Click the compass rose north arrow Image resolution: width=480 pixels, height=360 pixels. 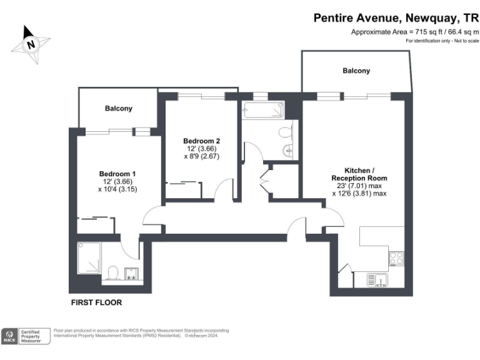31,44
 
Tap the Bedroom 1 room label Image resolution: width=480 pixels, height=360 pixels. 117,173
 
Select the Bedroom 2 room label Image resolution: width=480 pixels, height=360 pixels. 201,141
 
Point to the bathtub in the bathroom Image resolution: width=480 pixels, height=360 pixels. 263,111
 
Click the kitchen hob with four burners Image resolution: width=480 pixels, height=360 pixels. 396,257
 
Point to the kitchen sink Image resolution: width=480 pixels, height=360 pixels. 377,280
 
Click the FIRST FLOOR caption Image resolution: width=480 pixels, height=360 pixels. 96,302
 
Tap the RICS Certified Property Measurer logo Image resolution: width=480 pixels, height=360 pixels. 26,336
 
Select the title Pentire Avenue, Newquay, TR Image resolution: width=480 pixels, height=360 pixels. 396,18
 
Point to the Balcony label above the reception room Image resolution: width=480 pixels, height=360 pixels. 356,71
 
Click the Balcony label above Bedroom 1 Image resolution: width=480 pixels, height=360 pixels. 119,108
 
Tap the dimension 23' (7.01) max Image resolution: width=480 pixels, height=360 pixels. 359,186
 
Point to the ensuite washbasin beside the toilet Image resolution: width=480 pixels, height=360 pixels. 132,272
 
